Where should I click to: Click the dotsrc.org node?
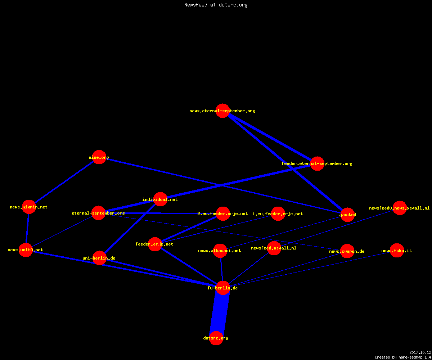[x=216, y=338]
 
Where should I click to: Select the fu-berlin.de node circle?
[x=223, y=288]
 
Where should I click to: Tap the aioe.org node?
[x=99, y=157]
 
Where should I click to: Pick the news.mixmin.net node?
[x=29, y=207]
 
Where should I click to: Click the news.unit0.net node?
[x=26, y=250]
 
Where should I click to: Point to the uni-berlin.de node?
[x=99, y=258]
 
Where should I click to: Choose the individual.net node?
[x=160, y=199]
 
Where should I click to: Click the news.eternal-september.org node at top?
[x=222, y=111]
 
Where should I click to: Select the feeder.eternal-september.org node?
[x=317, y=163]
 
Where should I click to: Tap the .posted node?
[x=348, y=215]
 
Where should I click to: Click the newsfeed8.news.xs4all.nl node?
[x=400, y=208]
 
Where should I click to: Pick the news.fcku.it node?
[x=397, y=250]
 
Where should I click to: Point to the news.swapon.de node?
[x=347, y=251]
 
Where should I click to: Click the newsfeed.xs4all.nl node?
[x=274, y=248]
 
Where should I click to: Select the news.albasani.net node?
[x=220, y=251]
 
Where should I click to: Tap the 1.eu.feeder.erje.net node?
[x=278, y=213]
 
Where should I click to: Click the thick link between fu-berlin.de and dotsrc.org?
[x=220, y=313]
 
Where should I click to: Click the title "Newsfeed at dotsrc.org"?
[x=216, y=5]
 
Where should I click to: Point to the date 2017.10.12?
[x=420, y=352]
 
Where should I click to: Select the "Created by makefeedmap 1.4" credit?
[x=403, y=357]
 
